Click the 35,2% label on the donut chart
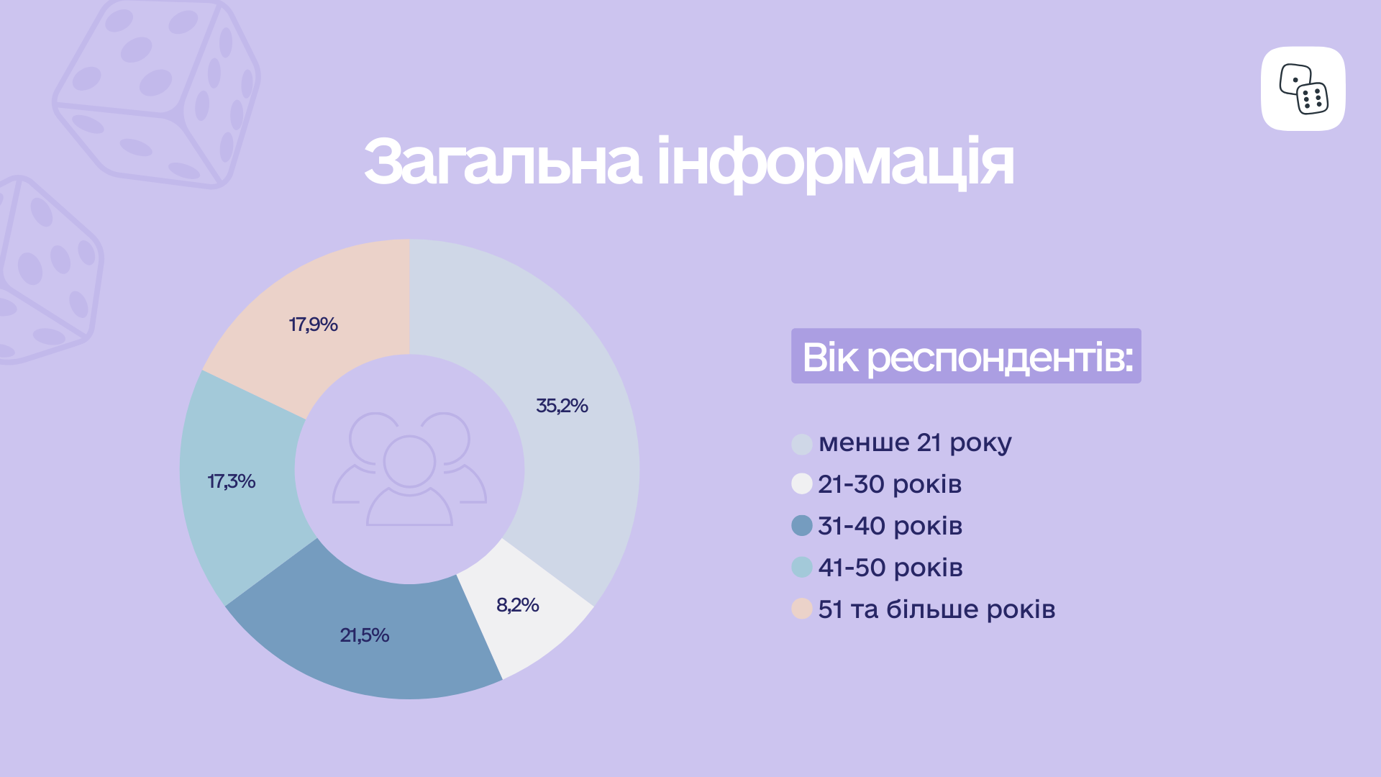coord(562,406)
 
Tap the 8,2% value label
coord(517,605)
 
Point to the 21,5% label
coord(365,635)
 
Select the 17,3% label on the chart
coord(232,481)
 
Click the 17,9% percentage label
coord(313,324)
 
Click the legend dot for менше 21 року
coord(802,444)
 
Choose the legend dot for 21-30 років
coord(802,483)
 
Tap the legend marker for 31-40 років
coord(802,525)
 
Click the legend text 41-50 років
coord(890,568)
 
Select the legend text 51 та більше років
coord(936,609)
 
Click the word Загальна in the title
coord(502,162)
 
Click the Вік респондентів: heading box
coord(966,356)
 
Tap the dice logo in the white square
coord(1303,88)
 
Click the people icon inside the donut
coord(409,469)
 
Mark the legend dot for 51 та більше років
coord(802,609)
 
